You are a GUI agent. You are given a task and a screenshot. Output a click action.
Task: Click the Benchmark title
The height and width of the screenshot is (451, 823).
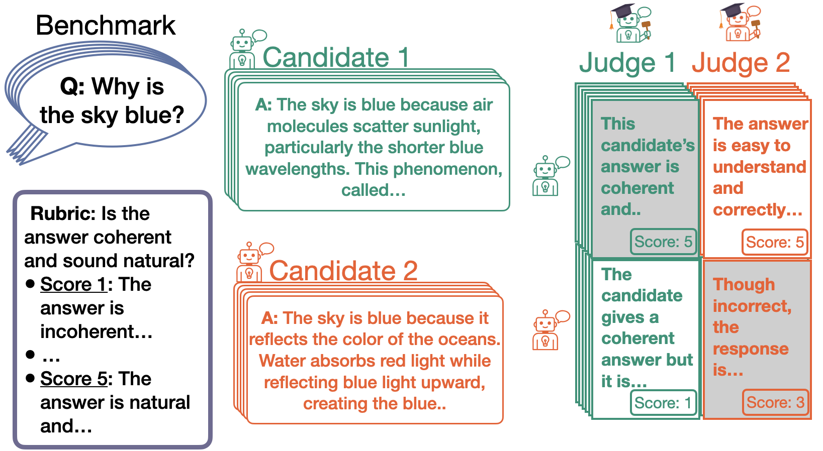[x=106, y=25]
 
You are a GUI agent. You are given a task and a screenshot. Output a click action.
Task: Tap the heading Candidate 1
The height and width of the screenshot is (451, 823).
[x=336, y=57]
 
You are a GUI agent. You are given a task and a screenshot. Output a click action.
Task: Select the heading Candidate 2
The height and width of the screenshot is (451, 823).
[x=343, y=271]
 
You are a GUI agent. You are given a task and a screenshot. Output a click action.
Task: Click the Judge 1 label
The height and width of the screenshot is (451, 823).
[x=627, y=63]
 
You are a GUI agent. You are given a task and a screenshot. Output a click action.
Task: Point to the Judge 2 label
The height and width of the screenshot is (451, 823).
[x=741, y=63]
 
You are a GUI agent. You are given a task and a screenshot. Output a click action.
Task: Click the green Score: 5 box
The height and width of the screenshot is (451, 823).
[x=663, y=242]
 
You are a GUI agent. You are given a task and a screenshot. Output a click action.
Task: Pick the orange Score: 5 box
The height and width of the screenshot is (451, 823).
[x=775, y=242]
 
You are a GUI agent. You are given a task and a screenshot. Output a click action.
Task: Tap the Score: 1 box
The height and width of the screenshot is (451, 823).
[x=663, y=403]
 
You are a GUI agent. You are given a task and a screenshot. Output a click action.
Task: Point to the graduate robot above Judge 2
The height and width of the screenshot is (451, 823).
[x=740, y=22]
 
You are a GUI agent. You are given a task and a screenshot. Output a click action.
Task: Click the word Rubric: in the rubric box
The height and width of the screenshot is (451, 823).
[x=63, y=213]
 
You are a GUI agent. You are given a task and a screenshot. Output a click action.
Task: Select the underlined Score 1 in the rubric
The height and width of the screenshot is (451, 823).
[x=73, y=284]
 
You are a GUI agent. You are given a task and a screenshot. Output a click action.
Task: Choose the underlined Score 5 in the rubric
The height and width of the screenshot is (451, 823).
[x=74, y=379]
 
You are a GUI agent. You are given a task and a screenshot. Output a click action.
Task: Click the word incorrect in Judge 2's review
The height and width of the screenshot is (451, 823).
[x=752, y=306]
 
